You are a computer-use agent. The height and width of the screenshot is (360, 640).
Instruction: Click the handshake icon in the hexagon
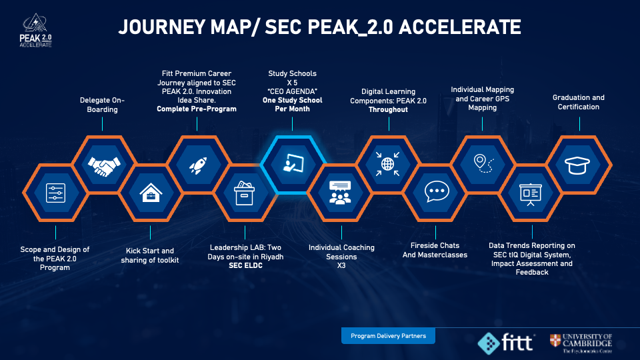104,166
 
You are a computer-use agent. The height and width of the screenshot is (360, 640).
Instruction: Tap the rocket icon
198,165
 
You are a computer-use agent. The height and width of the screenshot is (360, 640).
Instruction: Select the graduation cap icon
577,165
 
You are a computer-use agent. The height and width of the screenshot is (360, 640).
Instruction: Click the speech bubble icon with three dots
437,191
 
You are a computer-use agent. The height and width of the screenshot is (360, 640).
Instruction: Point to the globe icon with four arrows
387,164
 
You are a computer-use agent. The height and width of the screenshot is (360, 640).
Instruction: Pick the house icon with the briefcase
151,193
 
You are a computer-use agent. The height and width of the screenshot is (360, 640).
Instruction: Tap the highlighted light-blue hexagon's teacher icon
293,163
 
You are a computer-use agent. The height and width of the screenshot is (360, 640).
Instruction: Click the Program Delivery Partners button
388,336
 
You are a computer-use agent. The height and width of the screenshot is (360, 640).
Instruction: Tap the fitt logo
506,343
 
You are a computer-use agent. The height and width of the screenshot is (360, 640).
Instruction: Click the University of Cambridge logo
581,343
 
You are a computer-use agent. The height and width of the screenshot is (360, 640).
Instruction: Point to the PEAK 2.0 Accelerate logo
36,31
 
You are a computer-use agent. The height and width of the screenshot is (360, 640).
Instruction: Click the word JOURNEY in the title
161,27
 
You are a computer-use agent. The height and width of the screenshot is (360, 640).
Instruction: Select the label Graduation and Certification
579,102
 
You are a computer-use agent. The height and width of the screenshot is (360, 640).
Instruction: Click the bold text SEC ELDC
245,266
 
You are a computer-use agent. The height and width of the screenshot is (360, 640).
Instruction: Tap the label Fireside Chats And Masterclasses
435,250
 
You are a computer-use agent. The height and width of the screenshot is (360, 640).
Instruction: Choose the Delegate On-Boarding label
102,105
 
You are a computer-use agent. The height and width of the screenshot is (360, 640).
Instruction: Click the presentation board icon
530,195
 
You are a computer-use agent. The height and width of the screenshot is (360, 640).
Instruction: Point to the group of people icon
340,193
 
